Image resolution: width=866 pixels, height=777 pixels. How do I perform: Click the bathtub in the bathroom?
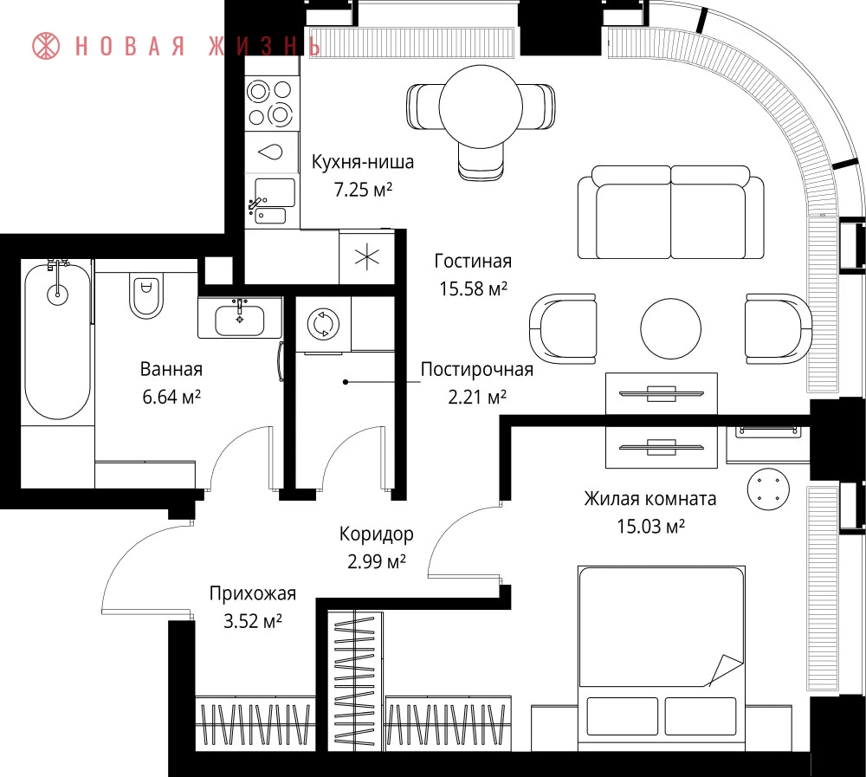click(x=57, y=341)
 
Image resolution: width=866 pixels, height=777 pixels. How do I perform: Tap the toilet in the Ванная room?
click(x=145, y=295)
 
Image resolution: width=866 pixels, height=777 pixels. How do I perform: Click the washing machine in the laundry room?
click(x=323, y=324)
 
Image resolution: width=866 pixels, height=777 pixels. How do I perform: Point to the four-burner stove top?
click(x=269, y=103)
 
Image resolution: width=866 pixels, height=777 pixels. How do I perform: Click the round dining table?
click(x=481, y=107)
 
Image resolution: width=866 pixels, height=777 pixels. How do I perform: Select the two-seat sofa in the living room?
click(x=671, y=212)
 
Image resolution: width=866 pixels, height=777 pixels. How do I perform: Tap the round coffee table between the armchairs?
click(x=670, y=329)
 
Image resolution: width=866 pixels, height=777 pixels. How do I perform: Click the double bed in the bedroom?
click(x=662, y=658)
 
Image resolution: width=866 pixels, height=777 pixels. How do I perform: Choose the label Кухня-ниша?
click(x=362, y=162)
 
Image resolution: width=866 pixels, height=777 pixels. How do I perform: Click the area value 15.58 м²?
click(x=474, y=288)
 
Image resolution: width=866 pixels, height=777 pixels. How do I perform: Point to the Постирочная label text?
click(x=476, y=369)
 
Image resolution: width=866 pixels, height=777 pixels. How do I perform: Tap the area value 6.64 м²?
click(x=171, y=396)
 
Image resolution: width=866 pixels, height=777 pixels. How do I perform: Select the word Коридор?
click(x=376, y=534)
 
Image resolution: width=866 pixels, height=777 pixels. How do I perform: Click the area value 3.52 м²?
click(x=252, y=620)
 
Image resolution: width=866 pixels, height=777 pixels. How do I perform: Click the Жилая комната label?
click(x=650, y=498)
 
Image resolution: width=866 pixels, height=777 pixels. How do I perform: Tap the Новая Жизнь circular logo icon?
click(x=46, y=45)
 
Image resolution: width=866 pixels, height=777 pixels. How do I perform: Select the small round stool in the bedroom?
click(x=768, y=489)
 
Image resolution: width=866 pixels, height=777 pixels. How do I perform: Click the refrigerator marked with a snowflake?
click(x=366, y=258)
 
